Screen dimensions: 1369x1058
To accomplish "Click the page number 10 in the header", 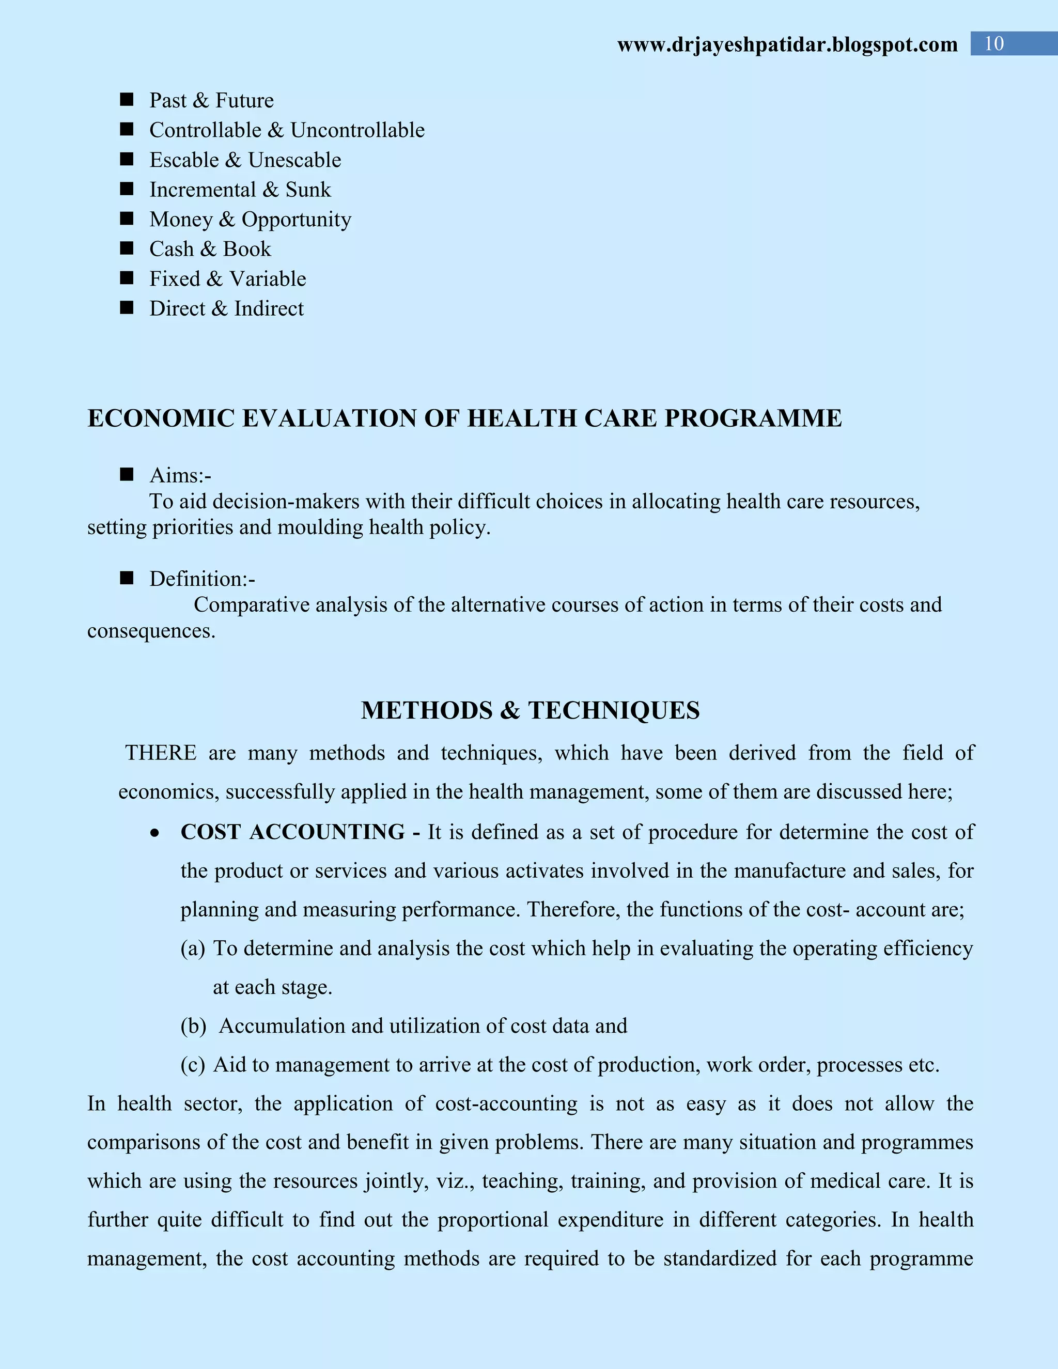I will pos(994,43).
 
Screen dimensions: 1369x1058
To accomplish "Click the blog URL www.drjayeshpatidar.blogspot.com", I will pos(787,44).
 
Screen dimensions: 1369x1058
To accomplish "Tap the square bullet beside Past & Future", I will pos(127,100).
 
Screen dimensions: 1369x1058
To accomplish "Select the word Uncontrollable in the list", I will pos(357,130).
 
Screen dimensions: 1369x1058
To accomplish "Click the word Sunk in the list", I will pos(308,189).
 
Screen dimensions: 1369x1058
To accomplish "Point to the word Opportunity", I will pos(297,220).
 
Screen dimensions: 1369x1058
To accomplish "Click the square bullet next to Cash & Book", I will pos(127,248).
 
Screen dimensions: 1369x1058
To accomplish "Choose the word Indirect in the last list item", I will pos(269,308).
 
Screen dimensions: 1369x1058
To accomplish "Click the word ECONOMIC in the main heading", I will pos(161,418).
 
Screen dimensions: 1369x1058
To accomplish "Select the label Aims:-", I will pos(180,475).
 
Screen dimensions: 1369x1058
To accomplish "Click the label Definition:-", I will pos(202,579).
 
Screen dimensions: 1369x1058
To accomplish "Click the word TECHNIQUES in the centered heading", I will pos(614,710).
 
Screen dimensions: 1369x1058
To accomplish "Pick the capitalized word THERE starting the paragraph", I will pos(161,752).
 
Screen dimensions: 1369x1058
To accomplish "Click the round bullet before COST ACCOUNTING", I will pos(155,833).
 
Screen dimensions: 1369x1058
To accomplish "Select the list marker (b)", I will pos(193,1025).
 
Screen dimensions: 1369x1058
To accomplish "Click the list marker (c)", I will pos(192,1064).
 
